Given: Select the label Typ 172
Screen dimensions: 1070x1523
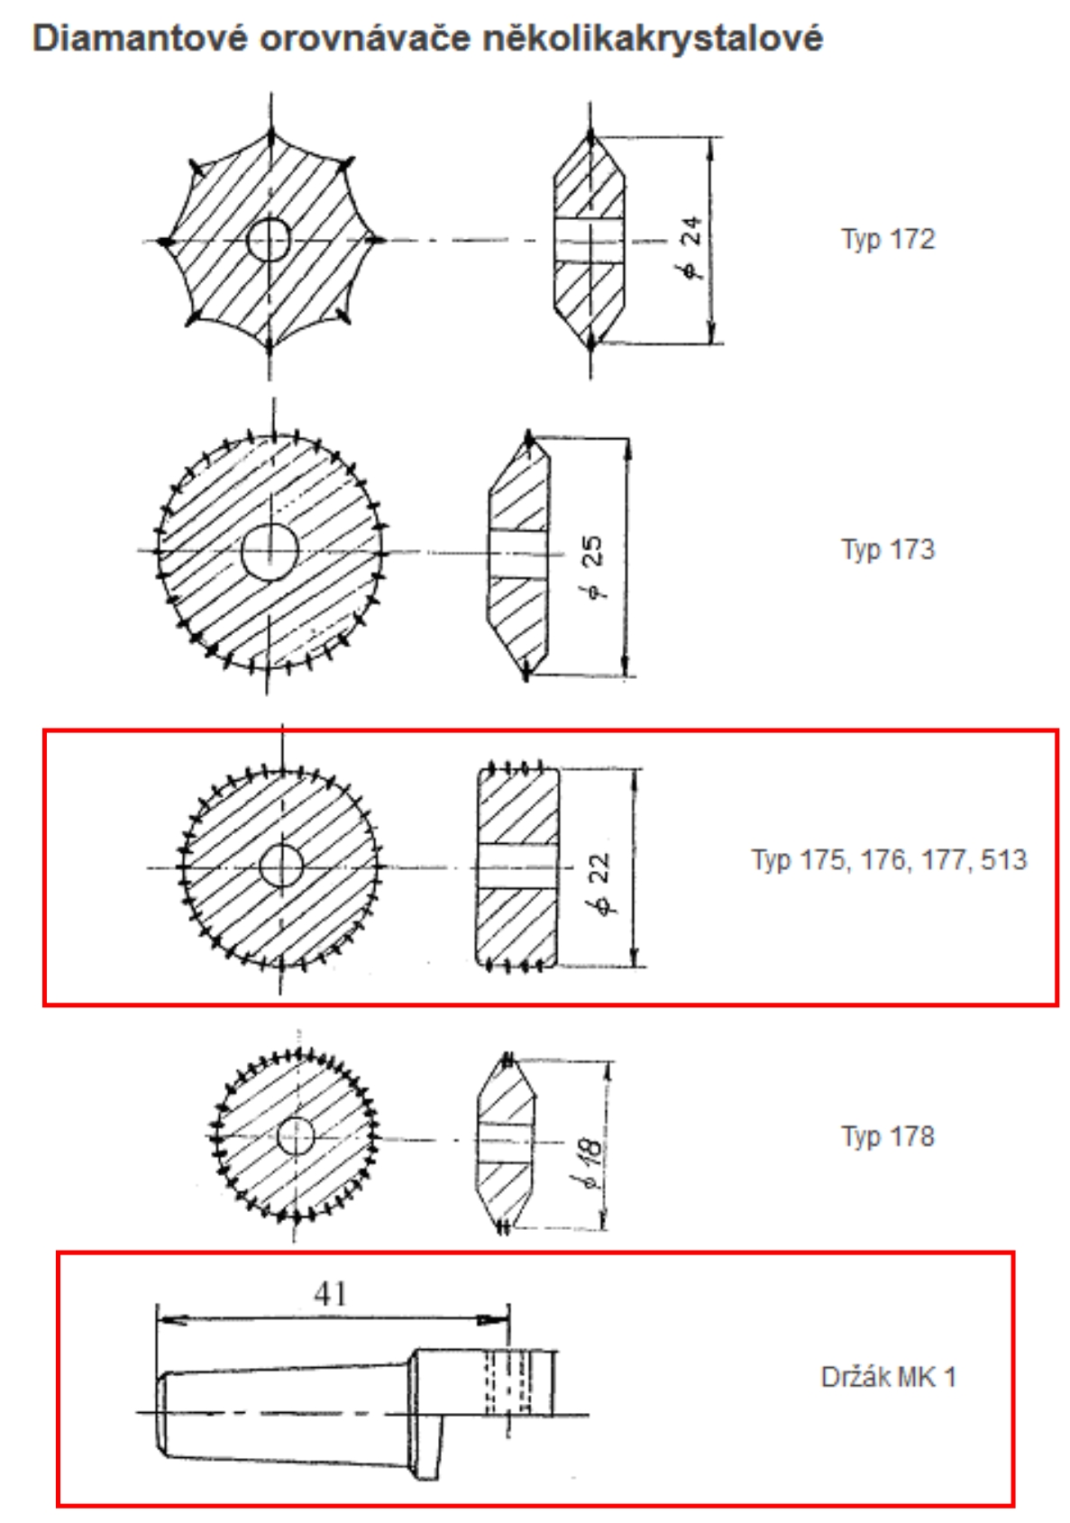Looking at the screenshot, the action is point(888,240).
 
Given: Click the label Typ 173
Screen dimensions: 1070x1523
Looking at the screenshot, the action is point(888,550).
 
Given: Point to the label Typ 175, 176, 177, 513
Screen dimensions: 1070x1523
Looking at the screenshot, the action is point(889,860).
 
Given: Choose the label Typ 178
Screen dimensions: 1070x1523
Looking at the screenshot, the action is point(888,1136).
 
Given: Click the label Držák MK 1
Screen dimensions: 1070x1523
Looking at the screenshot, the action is point(889,1377).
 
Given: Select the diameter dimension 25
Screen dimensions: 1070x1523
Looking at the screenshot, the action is point(592,566).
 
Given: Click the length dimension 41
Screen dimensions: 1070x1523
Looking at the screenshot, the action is point(331,1293).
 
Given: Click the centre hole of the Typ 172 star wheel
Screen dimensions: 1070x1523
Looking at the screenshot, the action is point(270,240).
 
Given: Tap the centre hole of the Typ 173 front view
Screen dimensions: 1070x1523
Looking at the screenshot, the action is point(270,552).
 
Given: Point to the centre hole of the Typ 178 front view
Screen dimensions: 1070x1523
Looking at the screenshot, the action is point(297,1136).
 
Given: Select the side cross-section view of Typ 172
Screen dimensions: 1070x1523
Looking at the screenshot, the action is point(590,240).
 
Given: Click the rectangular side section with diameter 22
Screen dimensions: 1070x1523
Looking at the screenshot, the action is point(517,867).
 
